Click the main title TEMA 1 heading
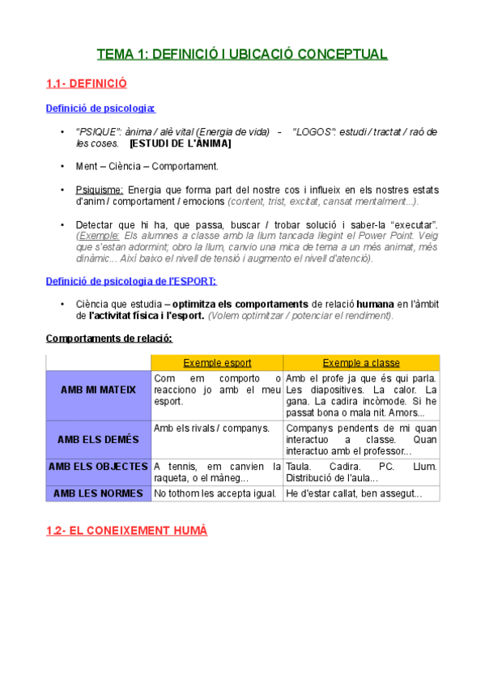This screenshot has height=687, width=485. coord(242,54)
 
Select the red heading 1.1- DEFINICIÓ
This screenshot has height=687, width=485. coord(87,83)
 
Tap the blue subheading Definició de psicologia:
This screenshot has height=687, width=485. coord(101,108)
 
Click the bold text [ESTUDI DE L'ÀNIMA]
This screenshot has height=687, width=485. coord(180,143)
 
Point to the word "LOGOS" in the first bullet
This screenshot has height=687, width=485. coord(314,131)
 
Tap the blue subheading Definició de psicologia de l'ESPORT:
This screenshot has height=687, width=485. coord(131,281)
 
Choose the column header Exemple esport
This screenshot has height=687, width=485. coord(217,362)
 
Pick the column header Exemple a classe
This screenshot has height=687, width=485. coord(361,362)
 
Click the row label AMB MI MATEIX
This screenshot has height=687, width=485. coord(99,390)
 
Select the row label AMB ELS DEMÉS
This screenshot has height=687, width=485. coord(99,439)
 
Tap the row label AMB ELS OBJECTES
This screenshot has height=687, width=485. coord(99,467)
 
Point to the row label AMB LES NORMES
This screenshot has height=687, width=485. coord(99,493)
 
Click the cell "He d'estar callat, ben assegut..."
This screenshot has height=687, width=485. coord(354,493)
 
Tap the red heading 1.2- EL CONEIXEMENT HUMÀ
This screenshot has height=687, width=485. coord(127,531)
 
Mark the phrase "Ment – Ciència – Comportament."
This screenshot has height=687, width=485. coord(147,166)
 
